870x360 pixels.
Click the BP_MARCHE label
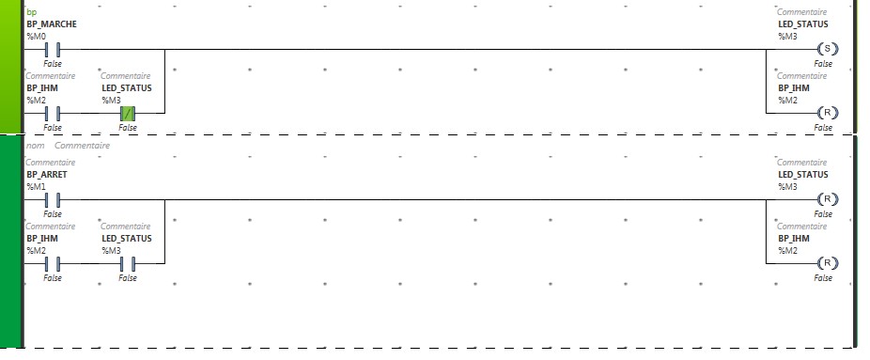(x=52, y=24)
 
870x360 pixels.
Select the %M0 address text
(x=36, y=36)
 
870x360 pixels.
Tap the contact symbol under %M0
(x=53, y=50)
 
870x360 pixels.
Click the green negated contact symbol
(x=128, y=114)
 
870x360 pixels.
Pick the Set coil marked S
(x=828, y=49)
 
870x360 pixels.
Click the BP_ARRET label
(x=47, y=175)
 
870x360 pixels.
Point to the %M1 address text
(x=36, y=186)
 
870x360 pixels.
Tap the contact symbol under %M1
(x=53, y=199)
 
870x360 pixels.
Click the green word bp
(x=32, y=12)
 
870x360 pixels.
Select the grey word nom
(x=35, y=146)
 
